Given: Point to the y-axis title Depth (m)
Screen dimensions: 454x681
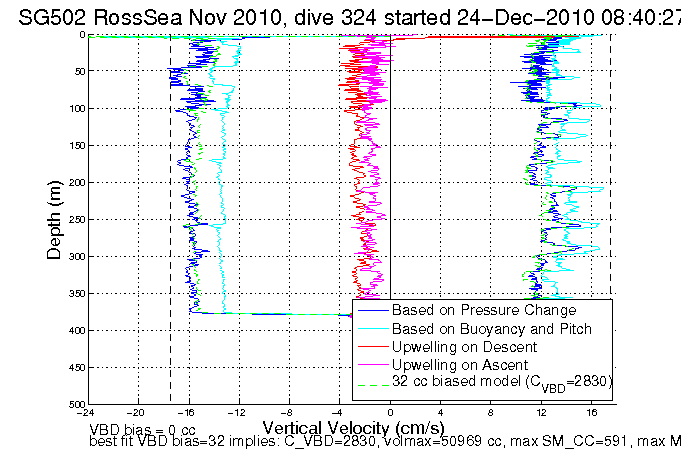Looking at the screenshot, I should point(57,219).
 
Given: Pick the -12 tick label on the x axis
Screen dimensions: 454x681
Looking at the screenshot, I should point(237,412).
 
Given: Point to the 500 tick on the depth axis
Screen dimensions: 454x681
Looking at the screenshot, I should point(73,404).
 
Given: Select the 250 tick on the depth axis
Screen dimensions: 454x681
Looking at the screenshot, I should point(73,219).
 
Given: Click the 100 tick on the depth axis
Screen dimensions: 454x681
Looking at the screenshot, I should point(73,108).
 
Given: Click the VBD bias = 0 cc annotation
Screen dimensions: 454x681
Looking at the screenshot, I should point(141,428).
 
